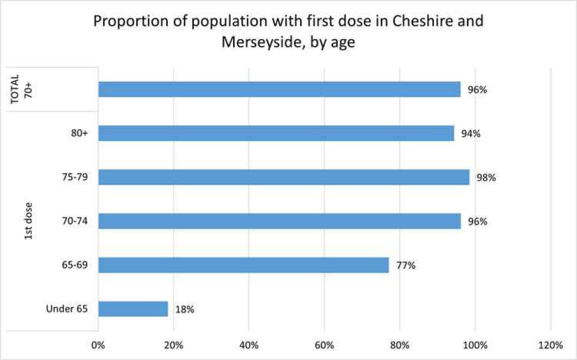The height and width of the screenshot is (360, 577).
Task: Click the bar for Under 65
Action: (133, 309)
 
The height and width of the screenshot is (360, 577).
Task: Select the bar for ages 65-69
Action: (243, 265)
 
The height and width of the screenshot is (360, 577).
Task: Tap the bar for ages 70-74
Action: (279, 221)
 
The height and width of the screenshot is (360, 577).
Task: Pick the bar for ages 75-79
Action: (284, 177)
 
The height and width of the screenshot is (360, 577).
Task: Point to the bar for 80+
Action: (276, 133)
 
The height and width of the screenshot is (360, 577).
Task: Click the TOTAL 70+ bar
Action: (279, 89)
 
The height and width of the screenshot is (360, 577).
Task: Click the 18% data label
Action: (185, 309)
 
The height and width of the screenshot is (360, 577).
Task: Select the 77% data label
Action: (406, 265)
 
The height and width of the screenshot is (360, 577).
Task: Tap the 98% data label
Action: (486, 178)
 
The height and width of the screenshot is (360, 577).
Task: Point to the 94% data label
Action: (471, 134)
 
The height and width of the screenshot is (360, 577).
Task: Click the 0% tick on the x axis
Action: (98, 346)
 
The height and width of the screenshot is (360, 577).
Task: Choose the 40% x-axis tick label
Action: (249, 346)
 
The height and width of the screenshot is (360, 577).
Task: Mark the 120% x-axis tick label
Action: (550, 346)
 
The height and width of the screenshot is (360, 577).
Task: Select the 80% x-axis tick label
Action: (399, 346)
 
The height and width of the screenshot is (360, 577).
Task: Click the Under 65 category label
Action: (67, 309)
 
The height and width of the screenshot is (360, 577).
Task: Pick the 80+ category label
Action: (79, 133)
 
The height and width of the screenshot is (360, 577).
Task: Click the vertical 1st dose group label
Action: (29, 221)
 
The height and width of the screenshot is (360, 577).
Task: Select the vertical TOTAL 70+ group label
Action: (22, 89)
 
